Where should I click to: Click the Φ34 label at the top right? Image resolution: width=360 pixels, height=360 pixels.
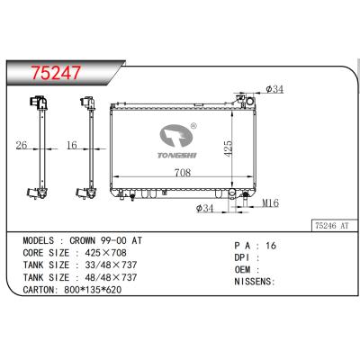pos(275,88)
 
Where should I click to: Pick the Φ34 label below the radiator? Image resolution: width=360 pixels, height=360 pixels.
pos(206,209)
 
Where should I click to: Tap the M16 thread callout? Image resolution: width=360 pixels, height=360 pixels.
pos(268,203)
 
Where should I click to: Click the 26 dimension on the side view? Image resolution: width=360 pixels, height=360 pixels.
pos(22,144)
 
